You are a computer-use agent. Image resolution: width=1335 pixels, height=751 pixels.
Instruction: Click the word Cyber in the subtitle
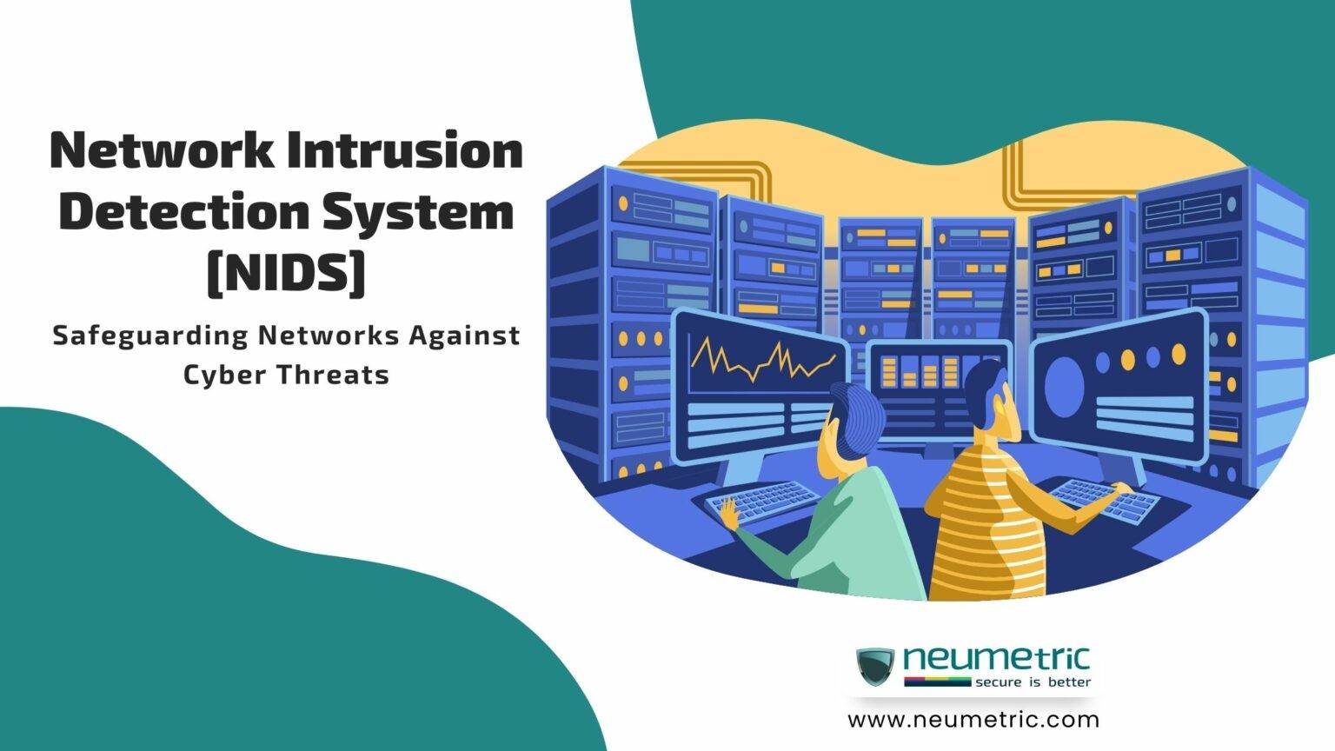tap(222, 375)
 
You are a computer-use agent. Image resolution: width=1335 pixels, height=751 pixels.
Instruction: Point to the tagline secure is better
tap(1033, 682)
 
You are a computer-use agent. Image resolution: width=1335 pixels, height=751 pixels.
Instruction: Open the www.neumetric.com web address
tap(973, 720)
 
